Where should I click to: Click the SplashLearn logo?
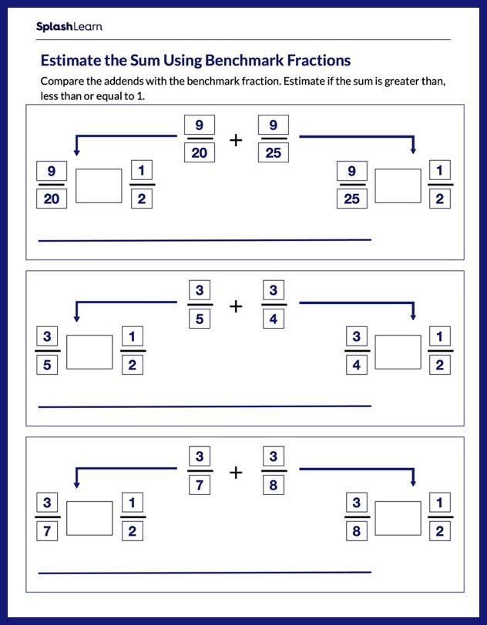[x=69, y=27]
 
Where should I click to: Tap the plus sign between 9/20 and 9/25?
[x=236, y=140]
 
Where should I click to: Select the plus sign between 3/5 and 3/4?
[x=236, y=306]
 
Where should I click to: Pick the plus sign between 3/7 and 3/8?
[x=236, y=472]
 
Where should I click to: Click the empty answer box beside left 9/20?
[x=99, y=185]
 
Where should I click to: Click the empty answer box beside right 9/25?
[x=398, y=185]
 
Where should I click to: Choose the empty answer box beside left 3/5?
[x=89, y=352]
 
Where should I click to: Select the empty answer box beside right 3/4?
[x=398, y=352]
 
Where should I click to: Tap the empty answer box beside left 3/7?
[x=89, y=518]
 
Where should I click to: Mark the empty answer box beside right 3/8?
[x=398, y=518]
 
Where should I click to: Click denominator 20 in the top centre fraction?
[x=199, y=152]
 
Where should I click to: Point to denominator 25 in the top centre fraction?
[x=274, y=152]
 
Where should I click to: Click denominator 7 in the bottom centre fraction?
[x=199, y=485]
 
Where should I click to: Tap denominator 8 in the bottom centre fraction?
[x=274, y=485]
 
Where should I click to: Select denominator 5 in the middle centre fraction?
[x=199, y=319]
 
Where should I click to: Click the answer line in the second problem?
[x=204, y=406]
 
